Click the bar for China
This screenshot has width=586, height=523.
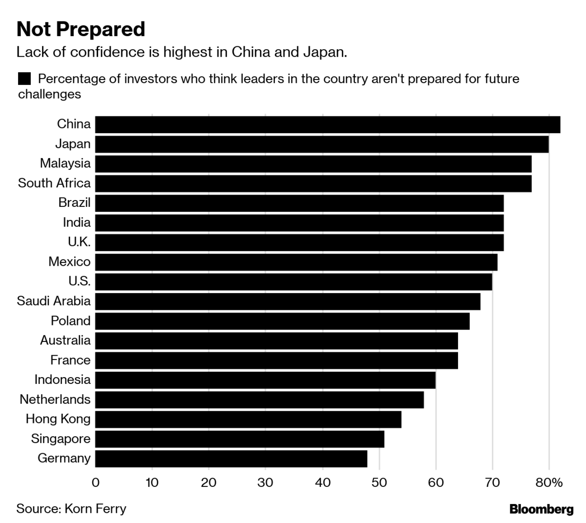pos(327,124)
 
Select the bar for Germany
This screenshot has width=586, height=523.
pos(231,459)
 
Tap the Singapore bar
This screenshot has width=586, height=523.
pos(239,439)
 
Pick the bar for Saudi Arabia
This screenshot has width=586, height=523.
pos(288,301)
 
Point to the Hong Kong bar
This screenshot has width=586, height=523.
pos(248,419)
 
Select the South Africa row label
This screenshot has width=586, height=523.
pos(54,183)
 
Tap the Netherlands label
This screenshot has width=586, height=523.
pos(55,400)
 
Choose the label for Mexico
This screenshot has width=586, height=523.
pos(69,262)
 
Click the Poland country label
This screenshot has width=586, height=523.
pos(70,321)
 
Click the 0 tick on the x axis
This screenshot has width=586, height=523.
pos(95,483)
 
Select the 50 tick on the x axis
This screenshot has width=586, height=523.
pos(379,483)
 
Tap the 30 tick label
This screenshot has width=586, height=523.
pos(266,483)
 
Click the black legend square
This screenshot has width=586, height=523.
pos(24,79)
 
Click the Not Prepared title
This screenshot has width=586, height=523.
pos(81,29)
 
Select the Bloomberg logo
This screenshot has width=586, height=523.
pos(541,510)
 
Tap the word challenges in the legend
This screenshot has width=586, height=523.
pos(49,94)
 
